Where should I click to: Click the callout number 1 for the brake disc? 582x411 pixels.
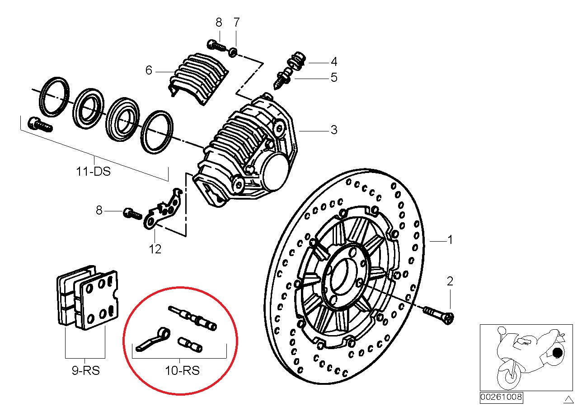pos(450,240)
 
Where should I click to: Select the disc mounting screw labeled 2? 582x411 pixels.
pos(438,314)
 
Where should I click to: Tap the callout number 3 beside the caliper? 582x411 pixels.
pos(333,131)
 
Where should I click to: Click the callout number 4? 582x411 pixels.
pos(333,61)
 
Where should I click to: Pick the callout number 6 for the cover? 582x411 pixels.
pos(149,70)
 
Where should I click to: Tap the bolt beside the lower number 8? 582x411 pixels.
pos(132,213)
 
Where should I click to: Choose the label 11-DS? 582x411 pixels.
pos(93,172)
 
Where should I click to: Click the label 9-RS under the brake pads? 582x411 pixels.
pos(86,371)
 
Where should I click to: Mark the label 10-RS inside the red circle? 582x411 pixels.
pos(182,371)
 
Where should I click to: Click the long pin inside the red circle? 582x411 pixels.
pos(192,318)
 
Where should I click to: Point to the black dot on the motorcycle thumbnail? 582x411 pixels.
pos(558,352)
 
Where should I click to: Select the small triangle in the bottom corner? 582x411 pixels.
pos(568,398)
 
